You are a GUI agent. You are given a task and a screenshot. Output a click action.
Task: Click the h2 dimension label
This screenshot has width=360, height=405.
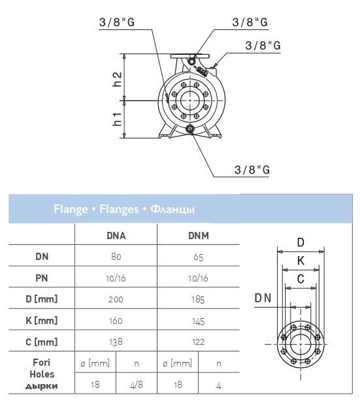click(117, 79)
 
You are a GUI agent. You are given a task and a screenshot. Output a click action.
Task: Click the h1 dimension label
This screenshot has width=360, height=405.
click(117, 119)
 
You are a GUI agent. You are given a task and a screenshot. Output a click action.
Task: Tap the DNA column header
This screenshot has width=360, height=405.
click(116, 236)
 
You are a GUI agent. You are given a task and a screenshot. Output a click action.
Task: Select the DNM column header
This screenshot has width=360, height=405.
click(199, 236)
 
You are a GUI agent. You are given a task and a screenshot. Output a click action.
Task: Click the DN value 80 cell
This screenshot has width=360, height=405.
click(116, 257)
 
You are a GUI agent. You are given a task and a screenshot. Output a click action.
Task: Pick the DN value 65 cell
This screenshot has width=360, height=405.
click(199, 257)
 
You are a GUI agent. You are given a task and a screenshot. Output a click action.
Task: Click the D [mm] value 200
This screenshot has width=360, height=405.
click(116, 299)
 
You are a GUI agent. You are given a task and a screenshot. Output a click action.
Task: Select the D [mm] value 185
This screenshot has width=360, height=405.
click(198, 300)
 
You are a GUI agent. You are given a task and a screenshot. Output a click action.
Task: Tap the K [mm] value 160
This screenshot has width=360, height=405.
click(116, 321)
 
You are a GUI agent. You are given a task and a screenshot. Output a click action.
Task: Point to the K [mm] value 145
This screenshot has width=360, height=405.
click(198, 321)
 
